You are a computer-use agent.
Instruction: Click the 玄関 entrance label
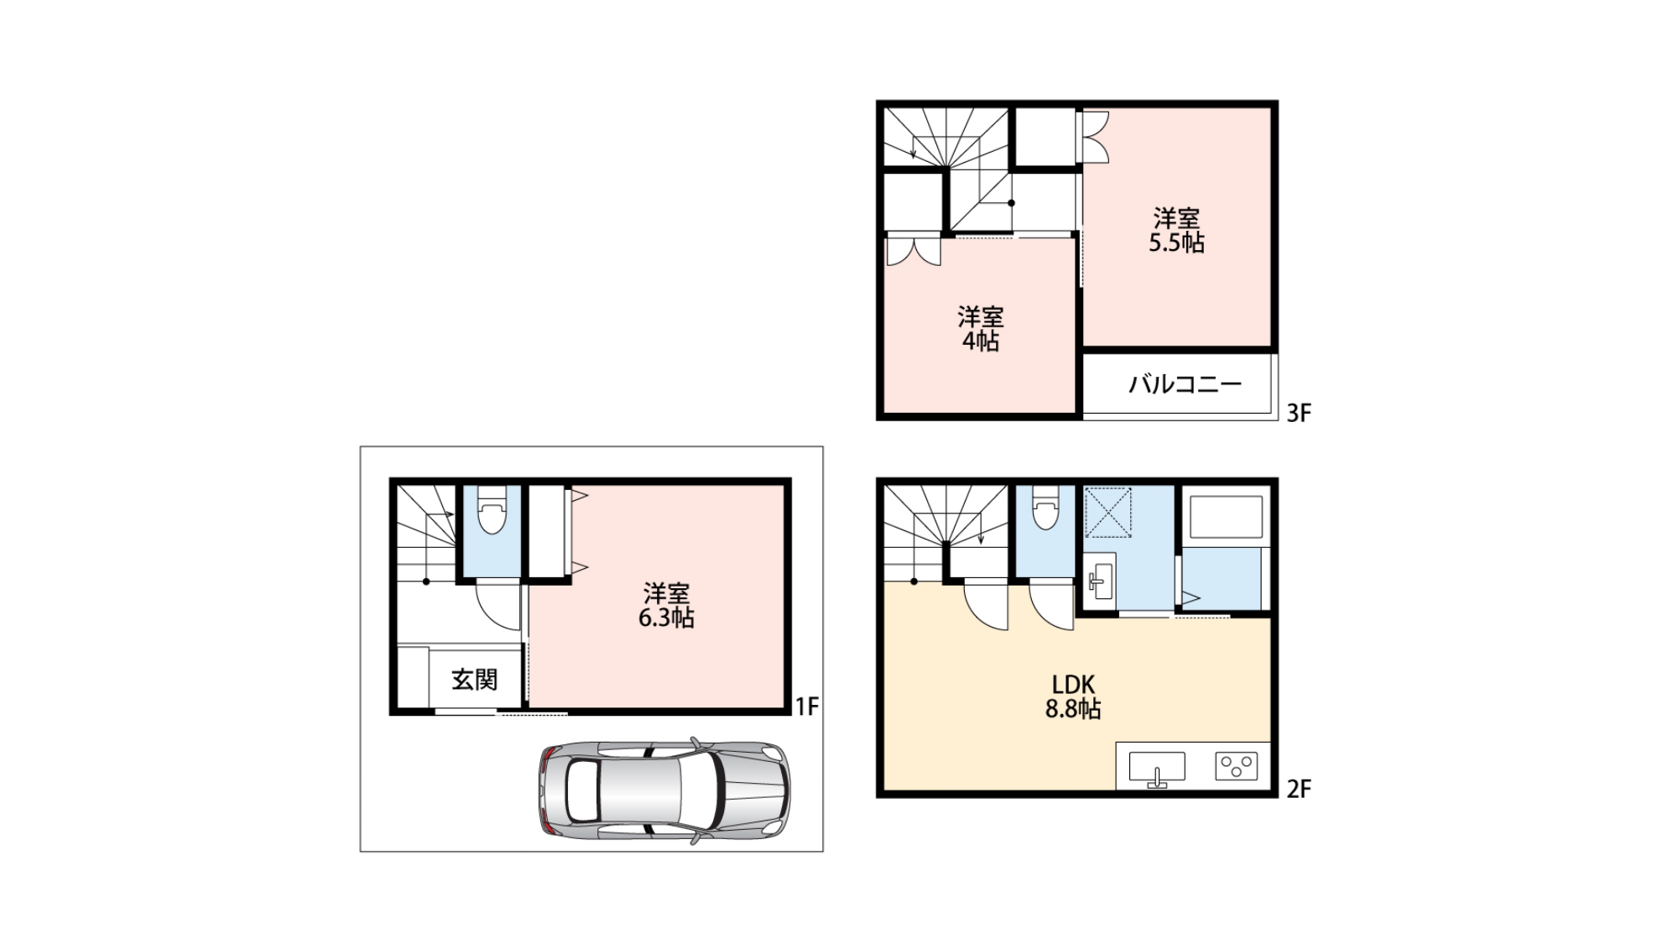point(475,680)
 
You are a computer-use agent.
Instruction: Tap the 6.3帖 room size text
point(666,618)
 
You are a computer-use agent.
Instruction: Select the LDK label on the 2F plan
point(1074,685)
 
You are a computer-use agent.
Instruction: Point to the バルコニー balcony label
point(1185,385)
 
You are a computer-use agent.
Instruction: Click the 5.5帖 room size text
point(1177,243)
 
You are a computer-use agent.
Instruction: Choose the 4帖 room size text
point(980,342)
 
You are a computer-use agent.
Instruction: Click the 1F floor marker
point(807,707)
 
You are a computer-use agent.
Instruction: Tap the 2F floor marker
point(1299,789)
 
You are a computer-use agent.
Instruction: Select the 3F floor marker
point(1299,413)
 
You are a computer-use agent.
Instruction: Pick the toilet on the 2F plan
point(1045,507)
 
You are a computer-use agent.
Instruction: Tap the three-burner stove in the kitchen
point(1237,766)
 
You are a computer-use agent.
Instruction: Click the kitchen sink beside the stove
point(1157,768)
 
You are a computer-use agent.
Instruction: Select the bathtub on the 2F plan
point(1226,517)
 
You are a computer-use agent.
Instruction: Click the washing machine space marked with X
point(1108,513)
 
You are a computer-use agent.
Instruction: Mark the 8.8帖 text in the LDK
point(1073,709)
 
